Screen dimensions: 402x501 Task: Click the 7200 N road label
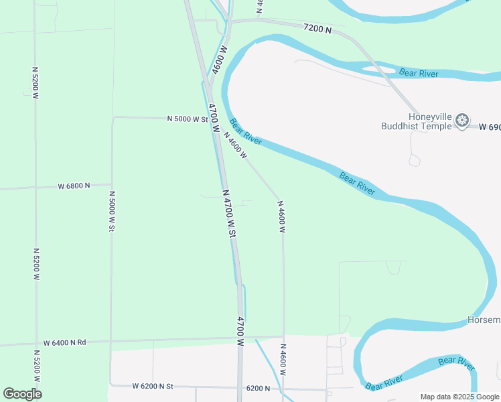click(318, 28)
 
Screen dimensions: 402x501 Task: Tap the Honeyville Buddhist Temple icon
click(461, 121)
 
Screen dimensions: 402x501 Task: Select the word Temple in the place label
click(435, 125)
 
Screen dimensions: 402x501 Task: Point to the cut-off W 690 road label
click(490, 126)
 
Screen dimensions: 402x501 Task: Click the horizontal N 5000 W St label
click(187, 119)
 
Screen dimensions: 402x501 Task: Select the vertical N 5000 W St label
click(112, 210)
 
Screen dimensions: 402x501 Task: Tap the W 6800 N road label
click(74, 186)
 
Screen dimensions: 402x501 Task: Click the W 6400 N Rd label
click(65, 342)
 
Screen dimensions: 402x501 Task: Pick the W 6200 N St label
click(152, 386)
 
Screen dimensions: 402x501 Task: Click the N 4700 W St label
click(230, 214)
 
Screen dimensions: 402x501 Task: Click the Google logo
click(22, 393)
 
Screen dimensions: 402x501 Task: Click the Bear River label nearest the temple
click(419, 72)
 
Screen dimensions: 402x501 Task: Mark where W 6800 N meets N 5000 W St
click(111, 184)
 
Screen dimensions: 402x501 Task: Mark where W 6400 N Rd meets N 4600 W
click(283, 336)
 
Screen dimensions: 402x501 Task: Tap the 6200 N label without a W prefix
click(258, 388)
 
